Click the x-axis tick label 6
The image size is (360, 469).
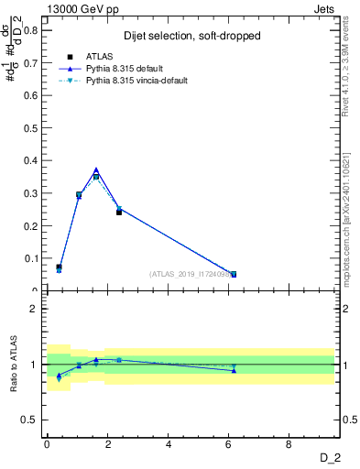tap(229, 443)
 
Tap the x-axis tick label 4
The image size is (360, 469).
tap(168, 443)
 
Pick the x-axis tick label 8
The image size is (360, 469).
tap(289, 443)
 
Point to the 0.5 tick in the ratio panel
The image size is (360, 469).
tap(32, 420)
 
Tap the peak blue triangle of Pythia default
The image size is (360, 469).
tap(96, 169)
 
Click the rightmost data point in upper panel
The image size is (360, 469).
tap(234, 274)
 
